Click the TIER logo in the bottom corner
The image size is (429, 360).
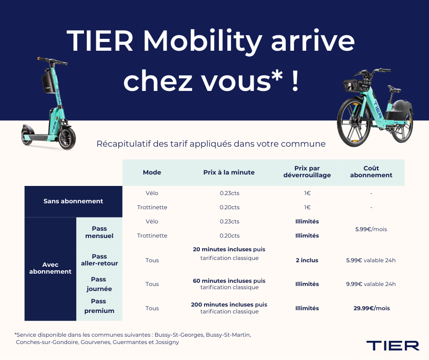[392, 345]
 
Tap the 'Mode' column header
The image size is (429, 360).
[152, 172]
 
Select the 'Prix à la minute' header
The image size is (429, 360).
[229, 172]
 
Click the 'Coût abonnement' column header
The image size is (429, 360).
[371, 171]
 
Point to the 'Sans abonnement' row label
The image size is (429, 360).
[73, 201]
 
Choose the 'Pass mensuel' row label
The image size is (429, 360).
[99, 232]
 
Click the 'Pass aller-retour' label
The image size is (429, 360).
[99, 260]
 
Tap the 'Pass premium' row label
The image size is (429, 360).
[99, 306]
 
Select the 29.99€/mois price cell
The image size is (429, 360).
[371, 308]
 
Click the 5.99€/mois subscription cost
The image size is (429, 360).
[371, 229]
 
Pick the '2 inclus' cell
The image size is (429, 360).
[307, 260]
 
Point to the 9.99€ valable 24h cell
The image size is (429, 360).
[371, 284]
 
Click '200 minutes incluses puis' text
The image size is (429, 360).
[229, 304]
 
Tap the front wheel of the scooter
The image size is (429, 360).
[67, 138]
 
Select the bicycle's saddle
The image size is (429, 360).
[394, 89]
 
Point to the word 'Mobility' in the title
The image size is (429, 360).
[203, 42]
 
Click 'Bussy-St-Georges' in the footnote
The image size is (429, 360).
[179, 335]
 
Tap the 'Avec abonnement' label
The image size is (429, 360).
[50, 268]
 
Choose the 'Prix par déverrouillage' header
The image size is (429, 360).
[307, 171]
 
